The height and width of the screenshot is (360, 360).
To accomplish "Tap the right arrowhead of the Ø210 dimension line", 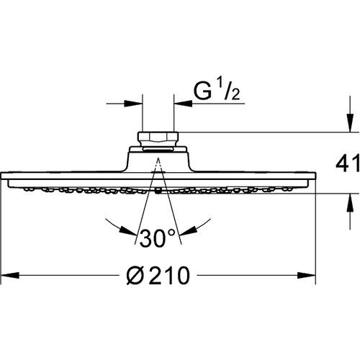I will pos(309,275).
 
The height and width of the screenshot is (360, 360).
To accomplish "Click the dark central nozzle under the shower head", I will pos(156,192).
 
